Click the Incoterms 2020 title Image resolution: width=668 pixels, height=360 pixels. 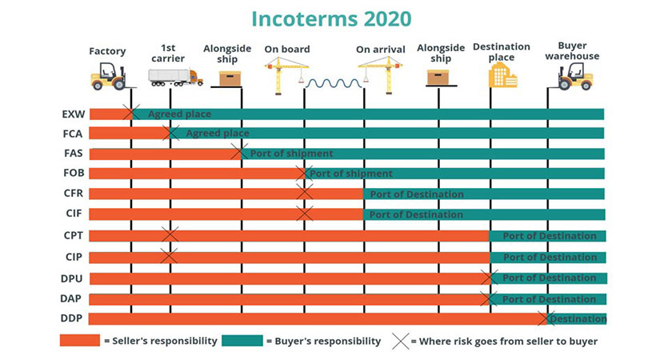[x=331, y=18]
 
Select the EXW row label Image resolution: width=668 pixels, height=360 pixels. [x=74, y=114]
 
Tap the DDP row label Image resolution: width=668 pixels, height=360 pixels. [x=71, y=318]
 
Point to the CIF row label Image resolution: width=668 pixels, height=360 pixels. [x=74, y=213]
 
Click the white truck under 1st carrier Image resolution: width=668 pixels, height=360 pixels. [x=175, y=77]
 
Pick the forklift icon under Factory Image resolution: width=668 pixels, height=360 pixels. [x=108, y=76]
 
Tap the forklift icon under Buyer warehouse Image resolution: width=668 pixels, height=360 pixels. [x=575, y=76]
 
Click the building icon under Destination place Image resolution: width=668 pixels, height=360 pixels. [x=502, y=75]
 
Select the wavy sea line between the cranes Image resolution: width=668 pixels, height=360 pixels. [x=334, y=83]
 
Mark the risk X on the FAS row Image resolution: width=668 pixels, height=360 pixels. [x=239, y=152]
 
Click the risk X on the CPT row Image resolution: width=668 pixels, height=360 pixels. [x=170, y=234]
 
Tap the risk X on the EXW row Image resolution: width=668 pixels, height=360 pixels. [x=131, y=112]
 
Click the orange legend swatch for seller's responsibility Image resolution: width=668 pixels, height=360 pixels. [x=80, y=341]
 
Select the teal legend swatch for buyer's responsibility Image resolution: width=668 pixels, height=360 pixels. [x=242, y=341]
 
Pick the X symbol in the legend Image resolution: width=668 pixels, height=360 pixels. [x=401, y=342]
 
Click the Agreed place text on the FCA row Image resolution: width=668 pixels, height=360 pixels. [x=218, y=134]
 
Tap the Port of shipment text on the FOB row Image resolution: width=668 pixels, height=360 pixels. [x=351, y=174]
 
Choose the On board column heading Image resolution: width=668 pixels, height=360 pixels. [x=287, y=49]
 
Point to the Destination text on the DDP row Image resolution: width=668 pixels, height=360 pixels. [x=578, y=318]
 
